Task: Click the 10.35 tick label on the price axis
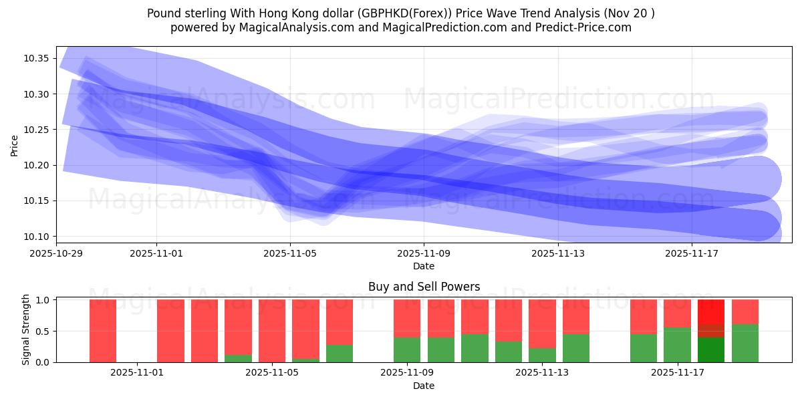tap(37, 59)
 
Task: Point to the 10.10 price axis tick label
tap(37, 237)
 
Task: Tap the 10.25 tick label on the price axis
tap(37, 130)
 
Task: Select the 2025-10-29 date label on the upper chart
tap(57, 253)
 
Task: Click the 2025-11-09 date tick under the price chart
tap(424, 253)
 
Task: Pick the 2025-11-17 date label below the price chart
tap(691, 253)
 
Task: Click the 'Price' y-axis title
tap(15, 145)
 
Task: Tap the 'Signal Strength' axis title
tap(25, 330)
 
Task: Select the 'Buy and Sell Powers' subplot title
tap(424, 287)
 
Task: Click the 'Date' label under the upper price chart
tap(424, 266)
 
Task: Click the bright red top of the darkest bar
tap(711, 311)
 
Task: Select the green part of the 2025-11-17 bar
tap(677, 345)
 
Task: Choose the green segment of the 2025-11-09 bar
tap(407, 350)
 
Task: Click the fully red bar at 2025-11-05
tap(272, 331)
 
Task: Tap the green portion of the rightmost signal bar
tap(745, 344)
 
